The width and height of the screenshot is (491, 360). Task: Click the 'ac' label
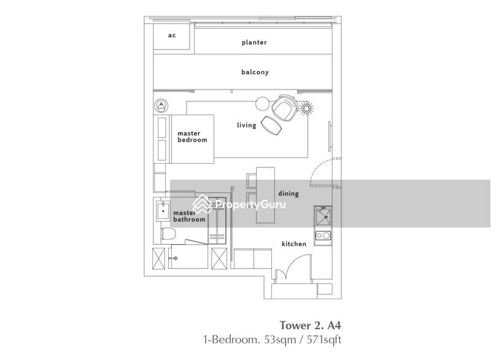point(172,35)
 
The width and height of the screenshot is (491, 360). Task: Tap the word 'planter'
point(254,42)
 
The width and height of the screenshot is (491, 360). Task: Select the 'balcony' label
point(255,72)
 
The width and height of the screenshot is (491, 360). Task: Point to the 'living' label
point(246,125)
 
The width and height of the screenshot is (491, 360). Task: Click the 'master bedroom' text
point(192,136)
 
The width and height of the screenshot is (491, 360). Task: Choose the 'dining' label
point(288,193)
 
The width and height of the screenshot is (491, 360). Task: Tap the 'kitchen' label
point(293,243)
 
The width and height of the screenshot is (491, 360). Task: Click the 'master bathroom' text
point(188,215)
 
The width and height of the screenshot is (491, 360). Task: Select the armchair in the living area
point(284,109)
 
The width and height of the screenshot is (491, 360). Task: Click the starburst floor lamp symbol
point(306,107)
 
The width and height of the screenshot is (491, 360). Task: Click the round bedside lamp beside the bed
point(161,105)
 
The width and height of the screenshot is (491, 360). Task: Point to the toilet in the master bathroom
point(168,234)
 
